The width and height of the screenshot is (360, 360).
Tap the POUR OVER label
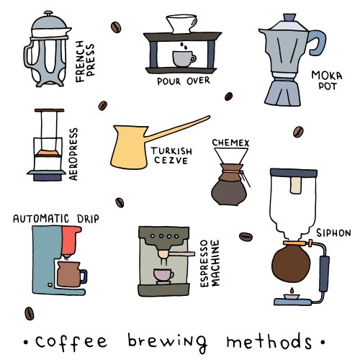pyautogui.click(x=183, y=81)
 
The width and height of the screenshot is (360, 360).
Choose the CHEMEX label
pyautogui.click(x=230, y=143)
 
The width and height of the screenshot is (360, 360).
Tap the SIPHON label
pyautogui.click(x=333, y=233)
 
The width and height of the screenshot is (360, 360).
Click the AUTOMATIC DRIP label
pyautogui.click(x=56, y=218)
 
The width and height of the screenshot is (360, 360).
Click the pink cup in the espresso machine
pyautogui.click(x=163, y=275)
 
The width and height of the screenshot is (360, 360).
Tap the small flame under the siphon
pyautogui.click(x=291, y=291)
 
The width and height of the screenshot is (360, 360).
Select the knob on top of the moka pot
pyautogui.click(x=289, y=17)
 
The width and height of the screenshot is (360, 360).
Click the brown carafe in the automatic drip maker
pyautogui.click(x=70, y=273)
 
